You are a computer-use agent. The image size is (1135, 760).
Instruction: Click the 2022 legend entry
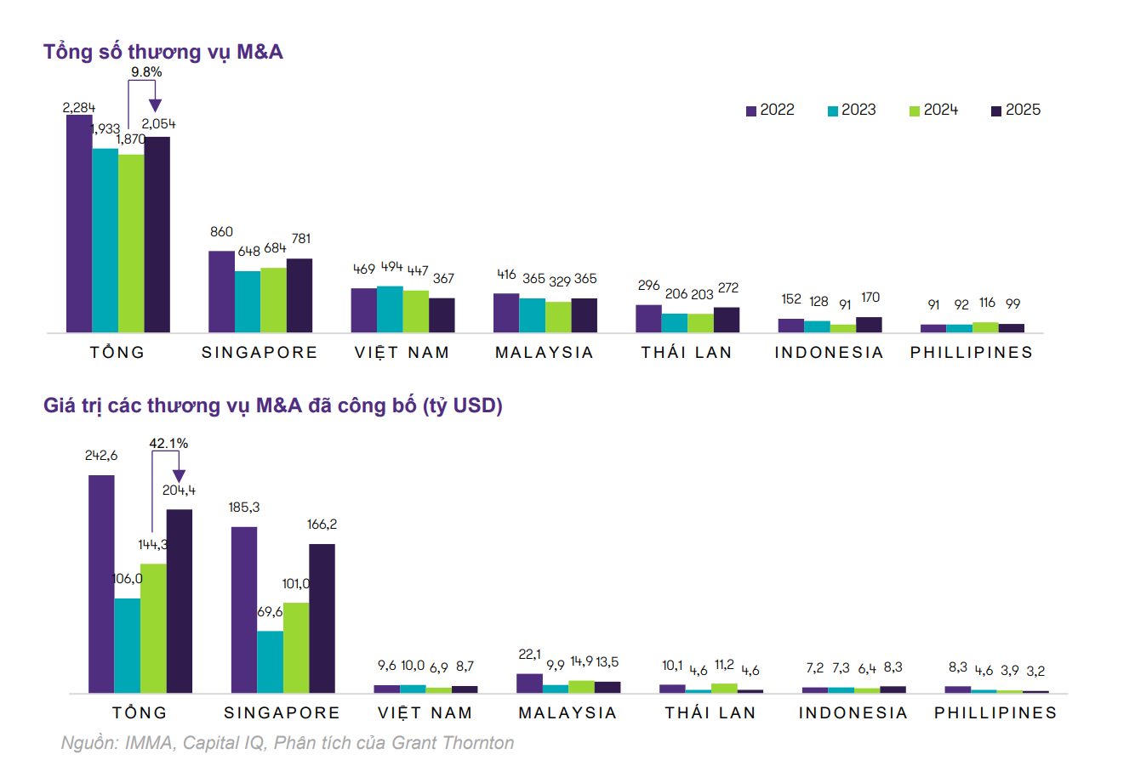[x=770, y=111]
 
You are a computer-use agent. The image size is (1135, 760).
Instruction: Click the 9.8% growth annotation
[x=146, y=72]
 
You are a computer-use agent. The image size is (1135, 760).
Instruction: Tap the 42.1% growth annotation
[x=168, y=443]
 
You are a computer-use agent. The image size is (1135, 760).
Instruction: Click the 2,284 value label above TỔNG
[x=78, y=107]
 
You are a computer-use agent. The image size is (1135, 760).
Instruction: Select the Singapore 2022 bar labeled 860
[x=221, y=292]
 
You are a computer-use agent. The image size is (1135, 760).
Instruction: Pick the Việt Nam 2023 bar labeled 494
[x=390, y=309]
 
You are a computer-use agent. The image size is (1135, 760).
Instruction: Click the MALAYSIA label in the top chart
[x=545, y=353]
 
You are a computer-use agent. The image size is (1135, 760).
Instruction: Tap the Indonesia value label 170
[x=870, y=298]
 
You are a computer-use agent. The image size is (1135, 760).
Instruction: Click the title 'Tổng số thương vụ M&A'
[x=163, y=52]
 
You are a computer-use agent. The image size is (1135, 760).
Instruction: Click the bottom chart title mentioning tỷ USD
[x=273, y=406]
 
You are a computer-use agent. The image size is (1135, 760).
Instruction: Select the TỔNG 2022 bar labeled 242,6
[x=101, y=584]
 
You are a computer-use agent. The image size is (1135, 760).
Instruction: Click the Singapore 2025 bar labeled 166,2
[x=322, y=618]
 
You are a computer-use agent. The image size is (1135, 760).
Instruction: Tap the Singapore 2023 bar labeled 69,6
[x=270, y=661]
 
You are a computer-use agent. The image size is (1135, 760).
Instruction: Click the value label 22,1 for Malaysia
[x=529, y=654]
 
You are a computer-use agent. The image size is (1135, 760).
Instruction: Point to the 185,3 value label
[x=243, y=507]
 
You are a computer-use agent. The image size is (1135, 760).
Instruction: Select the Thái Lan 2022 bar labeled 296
[x=648, y=318]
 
